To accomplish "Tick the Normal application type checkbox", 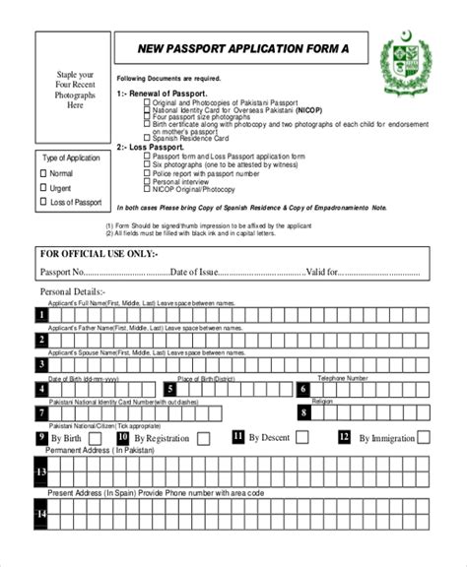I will point(43,173).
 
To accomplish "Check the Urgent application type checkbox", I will point(43,187).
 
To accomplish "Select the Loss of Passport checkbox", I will point(43,202).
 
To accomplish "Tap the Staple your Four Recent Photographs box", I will point(75,90).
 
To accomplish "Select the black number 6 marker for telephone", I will point(302,389).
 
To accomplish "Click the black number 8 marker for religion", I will point(302,413).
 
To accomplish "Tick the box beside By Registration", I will point(203,439).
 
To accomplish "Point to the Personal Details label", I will point(71,292).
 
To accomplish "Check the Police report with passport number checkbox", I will point(147,172).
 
